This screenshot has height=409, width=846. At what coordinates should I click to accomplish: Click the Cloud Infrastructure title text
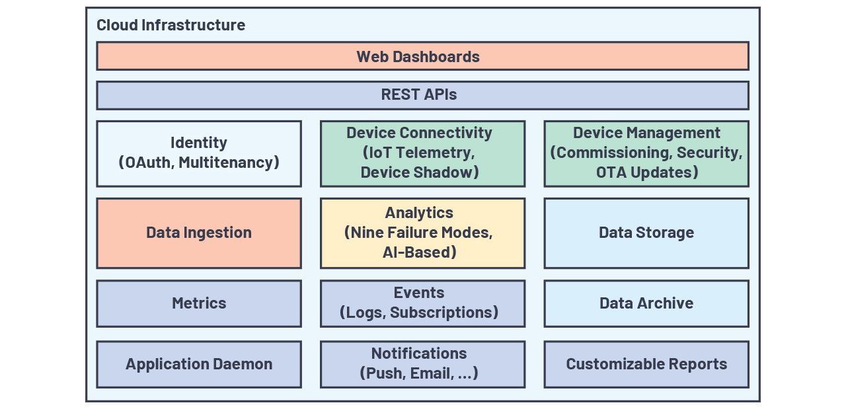pyautogui.click(x=171, y=25)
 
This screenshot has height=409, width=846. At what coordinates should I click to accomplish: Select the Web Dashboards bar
pyautogui.click(x=422, y=56)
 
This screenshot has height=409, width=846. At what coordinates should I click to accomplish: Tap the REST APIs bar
pyautogui.click(x=422, y=95)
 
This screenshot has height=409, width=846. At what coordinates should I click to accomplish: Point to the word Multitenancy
pyautogui.click(x=227, y=162)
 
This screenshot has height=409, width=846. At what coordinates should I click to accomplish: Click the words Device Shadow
pyautogui.click(x=419, y=172)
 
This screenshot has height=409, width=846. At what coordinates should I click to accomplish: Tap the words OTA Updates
pyautogui.click(x=646, y=172)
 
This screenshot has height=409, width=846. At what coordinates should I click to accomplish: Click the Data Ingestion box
pyautogui.click(x=199, y=233)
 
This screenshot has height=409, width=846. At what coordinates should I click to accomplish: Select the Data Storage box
pyautogui.click(x=646, y=233)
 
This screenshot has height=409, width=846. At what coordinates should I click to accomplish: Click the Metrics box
pyautogui.click(x=199, y=303)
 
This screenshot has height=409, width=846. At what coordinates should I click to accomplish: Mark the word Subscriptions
pyautogui.click(x=443, y=312)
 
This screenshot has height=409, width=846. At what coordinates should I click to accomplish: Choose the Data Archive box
pyautogui.click(x=646, y=303)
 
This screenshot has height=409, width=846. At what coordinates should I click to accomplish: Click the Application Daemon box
pyautogui.click(x=199, y=364)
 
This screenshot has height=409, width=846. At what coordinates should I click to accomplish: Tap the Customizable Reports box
pyautogui.click(x=646, y=364)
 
